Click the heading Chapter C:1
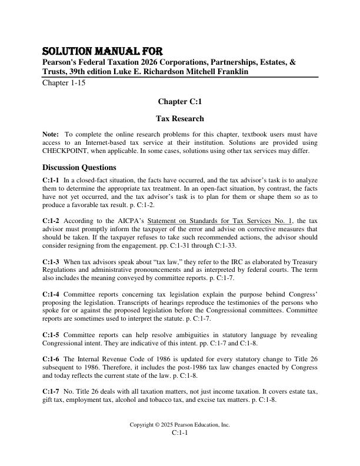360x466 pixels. pyautogui.click(x=179, y=102)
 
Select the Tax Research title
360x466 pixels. pyautogui.click(x=179, y=118)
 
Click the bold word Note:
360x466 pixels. pyautogui.click(x=51, y=135)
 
